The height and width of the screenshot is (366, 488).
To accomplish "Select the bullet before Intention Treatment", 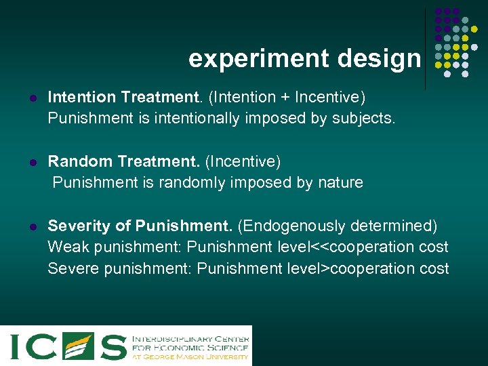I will pyautogui.click(x=32, y=99).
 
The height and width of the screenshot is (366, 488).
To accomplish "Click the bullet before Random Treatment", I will pyautogui.click(x=32, y=163).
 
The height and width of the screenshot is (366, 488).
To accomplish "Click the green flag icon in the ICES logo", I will pyautogui.click(x=78, y=345).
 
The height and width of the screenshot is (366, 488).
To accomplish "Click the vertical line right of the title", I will pyautogui.click(x=425, y=47).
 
